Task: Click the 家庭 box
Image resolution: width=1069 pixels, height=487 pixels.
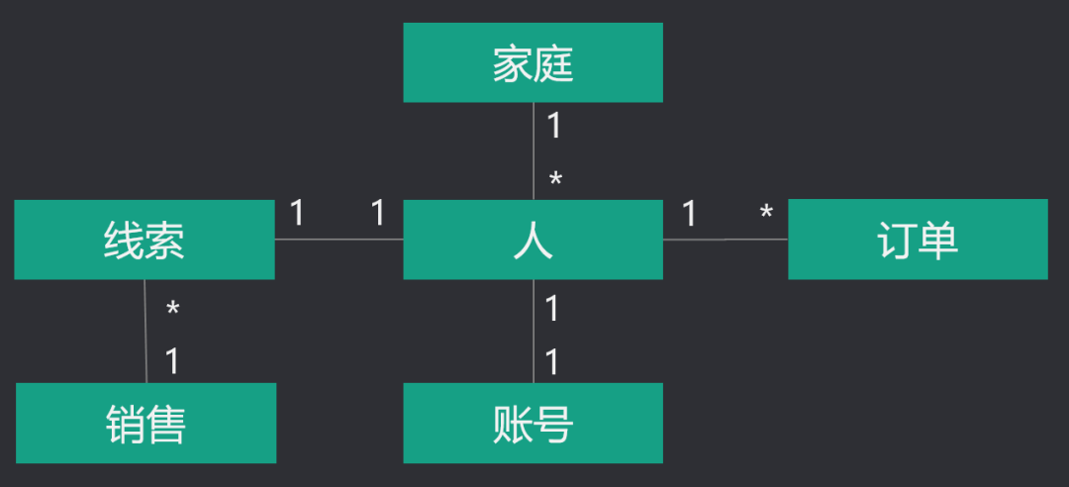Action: [x=533, y=62]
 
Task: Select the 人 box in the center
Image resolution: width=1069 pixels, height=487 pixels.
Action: [x=533, y=240]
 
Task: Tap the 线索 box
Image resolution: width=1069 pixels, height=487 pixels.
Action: [x=145, y=240]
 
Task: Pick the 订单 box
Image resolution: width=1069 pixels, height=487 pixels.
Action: [x=918, y=240]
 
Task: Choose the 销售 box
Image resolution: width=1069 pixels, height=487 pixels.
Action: [x=146, y=423]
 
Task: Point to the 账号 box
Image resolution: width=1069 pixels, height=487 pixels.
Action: [x=533, y=423]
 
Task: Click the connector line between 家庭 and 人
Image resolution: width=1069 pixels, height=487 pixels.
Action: [x=534, y=151]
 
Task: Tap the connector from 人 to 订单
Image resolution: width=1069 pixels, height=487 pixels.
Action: [x=726, y=239]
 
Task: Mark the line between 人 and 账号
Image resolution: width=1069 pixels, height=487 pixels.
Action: [x=534, y=332]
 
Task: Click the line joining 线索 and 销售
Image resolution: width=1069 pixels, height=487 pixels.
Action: [x=146, y=332]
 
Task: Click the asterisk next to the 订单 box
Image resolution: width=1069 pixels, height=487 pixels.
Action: [x=765, y=213]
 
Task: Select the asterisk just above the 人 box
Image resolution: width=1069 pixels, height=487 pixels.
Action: [x=555, y=180]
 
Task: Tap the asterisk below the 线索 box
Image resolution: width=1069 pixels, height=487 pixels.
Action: [x=172, y=311]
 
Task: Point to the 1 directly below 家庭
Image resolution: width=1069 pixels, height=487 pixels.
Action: [x=553, y=126]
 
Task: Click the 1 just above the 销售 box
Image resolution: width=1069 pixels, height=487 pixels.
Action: [x=172, y=361]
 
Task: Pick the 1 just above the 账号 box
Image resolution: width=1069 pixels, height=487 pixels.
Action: [x=552, y=362]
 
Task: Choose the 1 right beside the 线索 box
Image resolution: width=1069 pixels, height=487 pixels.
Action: [x=297, y=213]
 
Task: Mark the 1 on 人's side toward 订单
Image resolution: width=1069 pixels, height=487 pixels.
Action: [x=689, y=213]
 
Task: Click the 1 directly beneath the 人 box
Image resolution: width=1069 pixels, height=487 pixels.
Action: [x=552, y=309]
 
